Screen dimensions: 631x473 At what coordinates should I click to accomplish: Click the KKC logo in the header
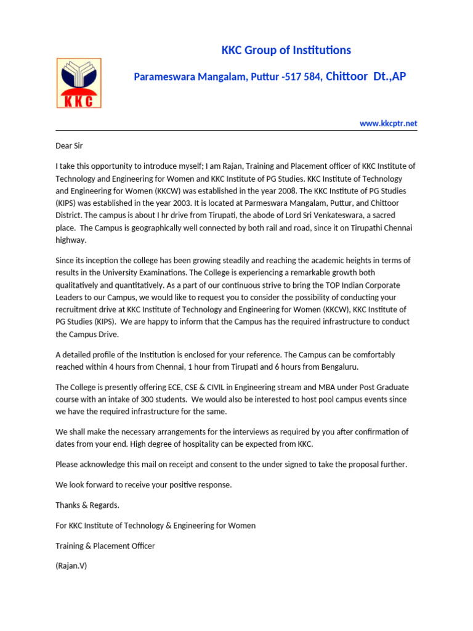79,83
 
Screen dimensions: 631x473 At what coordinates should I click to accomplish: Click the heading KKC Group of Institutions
286,51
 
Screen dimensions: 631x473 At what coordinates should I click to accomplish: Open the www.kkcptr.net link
388,123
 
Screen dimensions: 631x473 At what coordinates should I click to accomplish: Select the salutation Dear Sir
69,146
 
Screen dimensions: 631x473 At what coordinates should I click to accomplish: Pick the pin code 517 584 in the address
302,77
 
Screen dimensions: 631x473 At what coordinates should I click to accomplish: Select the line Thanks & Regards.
87,505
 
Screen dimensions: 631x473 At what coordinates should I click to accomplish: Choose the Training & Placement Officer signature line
105,545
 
